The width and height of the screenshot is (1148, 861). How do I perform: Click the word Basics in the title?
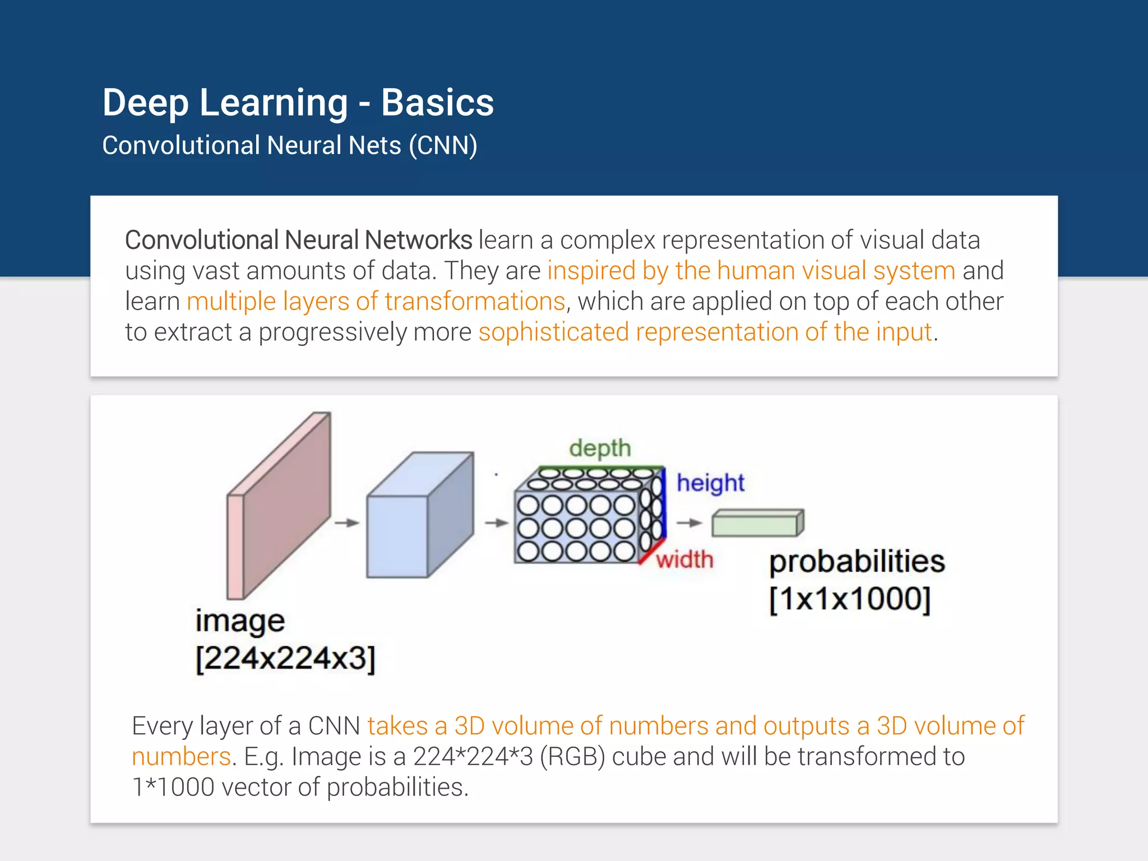(437, 103)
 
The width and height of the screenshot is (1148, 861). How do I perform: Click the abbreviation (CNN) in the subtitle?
(443, 146)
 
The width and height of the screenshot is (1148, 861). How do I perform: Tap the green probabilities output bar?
(757, 524)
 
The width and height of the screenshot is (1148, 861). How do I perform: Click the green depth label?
(600, 449)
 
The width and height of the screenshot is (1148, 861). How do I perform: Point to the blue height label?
(710, 483)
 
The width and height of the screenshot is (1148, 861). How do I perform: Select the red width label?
(685, 559)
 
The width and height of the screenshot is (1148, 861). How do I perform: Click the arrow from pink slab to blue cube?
(347, 523)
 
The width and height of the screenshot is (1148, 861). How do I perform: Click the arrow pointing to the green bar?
(689, 523)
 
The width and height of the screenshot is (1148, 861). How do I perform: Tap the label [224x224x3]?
(285, 658)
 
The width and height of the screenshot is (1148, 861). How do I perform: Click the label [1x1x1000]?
(850, 599)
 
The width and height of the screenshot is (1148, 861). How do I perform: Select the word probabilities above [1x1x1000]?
(857, 562)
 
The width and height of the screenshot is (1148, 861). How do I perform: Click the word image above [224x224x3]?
(240, 622)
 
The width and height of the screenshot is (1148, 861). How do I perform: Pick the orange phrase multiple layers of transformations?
(376, 302)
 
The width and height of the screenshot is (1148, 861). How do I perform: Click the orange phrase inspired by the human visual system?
(751, 271)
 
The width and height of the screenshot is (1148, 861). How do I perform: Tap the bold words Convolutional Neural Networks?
(298, 240)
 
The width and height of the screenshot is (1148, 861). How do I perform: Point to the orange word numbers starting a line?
(181, 757)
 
